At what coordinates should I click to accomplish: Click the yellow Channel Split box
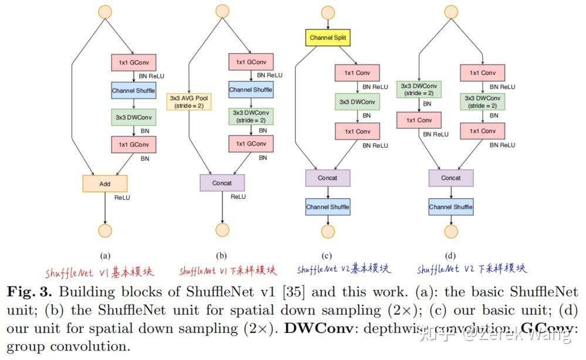[x=328, y=38]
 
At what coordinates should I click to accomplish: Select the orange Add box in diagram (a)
[x=104, y=184]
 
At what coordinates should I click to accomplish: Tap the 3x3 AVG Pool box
[x=190, y=102]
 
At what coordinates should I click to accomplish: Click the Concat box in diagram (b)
[x=222, y=183]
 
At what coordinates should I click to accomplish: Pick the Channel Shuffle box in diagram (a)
[x=133, y=91]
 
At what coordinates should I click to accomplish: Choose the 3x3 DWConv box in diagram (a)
[x=133, y=117]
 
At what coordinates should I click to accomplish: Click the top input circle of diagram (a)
[x=104, y=11]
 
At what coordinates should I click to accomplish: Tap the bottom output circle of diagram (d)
[x=450, y=231]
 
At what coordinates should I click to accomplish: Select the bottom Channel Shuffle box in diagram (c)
[x=327, y=207]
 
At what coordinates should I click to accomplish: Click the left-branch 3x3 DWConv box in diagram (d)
[x=419, y=90]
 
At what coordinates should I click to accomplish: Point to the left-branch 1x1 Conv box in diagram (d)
[x=419, y=120]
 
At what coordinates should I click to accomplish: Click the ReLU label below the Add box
[x=122, y=198]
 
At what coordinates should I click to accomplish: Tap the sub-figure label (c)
[x=327, y=255]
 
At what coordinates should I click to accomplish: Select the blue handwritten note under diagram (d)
[x=472, y=270]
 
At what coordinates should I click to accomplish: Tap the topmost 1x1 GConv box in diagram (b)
[x=250, y=62]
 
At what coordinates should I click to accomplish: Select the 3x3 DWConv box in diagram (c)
[x=357, y=102]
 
